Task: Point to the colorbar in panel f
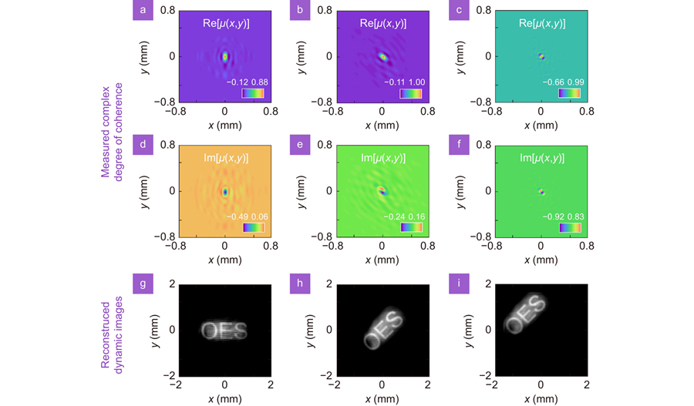click(570, 228)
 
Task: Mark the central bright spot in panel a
click(225, 56)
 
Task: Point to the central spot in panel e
click(382, 190)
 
